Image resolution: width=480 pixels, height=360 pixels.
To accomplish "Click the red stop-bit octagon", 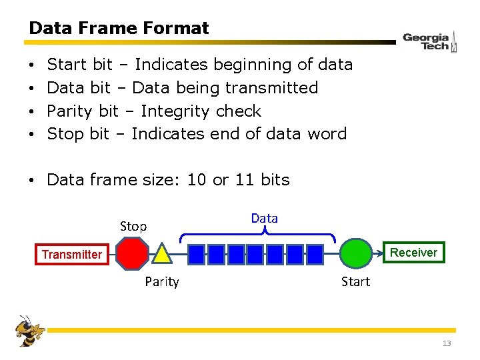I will [x=133, y=254].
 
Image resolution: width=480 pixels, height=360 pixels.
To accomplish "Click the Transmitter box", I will [x=72, y=254].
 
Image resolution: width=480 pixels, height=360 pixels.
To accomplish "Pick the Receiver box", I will [x=413, y=252].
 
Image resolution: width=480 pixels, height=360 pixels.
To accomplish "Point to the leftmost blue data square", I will [x=197, y=254].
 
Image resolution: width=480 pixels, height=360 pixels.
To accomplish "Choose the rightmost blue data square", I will [x=315, y=254].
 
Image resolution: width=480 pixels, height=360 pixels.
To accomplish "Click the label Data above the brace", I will [x=265, y=219].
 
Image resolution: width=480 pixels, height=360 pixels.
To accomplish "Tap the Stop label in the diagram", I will [x=133, y=227].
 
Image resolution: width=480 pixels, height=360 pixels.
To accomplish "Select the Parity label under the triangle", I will [x=162, y=282].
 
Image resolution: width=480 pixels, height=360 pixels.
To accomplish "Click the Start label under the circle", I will [x=355, y=282].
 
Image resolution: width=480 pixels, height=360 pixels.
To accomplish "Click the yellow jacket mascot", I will [x=31, y=331].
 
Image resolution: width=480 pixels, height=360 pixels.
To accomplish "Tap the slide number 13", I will [x=447, y=344].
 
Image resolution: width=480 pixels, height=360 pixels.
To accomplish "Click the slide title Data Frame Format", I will [x=119, y=29].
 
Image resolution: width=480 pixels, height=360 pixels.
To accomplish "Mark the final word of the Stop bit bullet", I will [x=327, y=134].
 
